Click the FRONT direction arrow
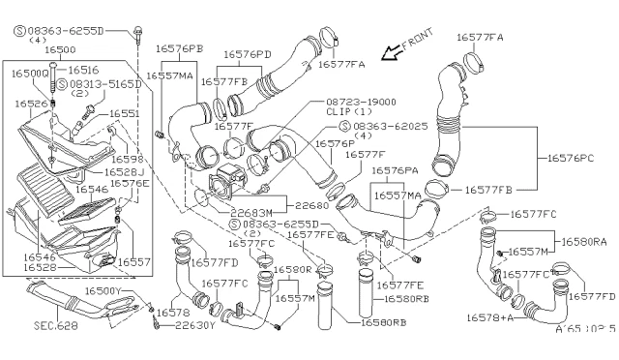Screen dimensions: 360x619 (390, 50)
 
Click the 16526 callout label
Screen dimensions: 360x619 (32, 103)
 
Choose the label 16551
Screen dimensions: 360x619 (124, 113)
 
